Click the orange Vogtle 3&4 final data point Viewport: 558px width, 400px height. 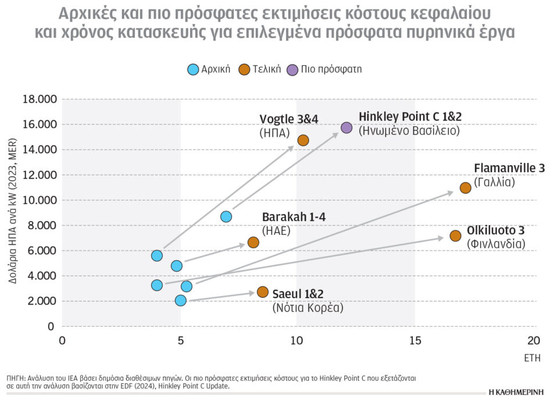(x=303, y=140)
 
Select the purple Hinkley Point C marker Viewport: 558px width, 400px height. (x=346, y=127)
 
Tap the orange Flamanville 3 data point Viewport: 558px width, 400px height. (x=465, y=187)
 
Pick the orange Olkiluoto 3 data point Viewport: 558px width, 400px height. (x=455, y=235)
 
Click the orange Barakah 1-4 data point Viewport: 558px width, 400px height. (x=253, y=242)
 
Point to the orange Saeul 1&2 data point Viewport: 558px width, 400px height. (x=262, y=292)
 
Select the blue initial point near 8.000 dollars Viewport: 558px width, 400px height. (x=226, y=216)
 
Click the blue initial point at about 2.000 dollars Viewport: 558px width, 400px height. (x=180, y=300)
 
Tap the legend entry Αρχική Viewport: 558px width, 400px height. (x=209, y=69)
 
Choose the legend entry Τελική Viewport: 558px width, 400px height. (x=260, y=69)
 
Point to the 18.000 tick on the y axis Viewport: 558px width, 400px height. (x=40, y=99)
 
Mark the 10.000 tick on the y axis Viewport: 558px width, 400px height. (x=40, y=201)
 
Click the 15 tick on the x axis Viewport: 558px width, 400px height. (x=415, y=341)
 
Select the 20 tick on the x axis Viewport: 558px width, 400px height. (x=533, y=341)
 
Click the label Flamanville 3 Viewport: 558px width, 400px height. (x=509, y=168)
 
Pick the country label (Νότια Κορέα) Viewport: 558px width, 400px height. (x=307, y=308)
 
